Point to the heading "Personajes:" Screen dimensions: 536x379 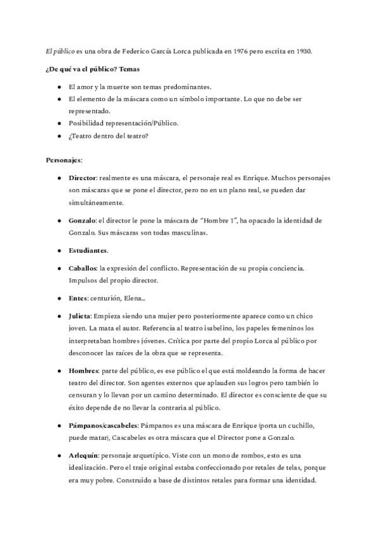tap(64, 161)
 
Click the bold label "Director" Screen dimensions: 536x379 tap(82, 178)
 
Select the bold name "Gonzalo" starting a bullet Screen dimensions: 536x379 tap(81, 221)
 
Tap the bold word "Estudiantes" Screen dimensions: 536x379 tap(88, 251)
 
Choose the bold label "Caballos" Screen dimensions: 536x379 tap(83, 268)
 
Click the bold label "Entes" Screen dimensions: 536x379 tap(78, 298)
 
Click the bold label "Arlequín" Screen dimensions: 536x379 tap(83, 454)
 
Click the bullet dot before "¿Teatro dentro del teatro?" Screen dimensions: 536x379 tap(59, 135)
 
